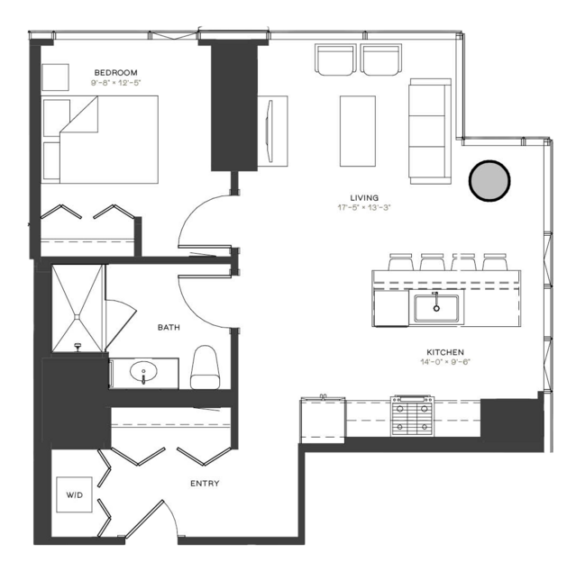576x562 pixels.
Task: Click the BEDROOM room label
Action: (115, 73)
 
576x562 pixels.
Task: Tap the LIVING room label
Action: (364, 198)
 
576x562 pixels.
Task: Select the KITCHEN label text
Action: (445, 352)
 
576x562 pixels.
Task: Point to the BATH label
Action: (169, 328)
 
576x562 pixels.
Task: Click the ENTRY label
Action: (205, 484)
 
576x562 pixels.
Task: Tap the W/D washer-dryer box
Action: (74, 494)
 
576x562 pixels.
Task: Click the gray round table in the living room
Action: (489, 181)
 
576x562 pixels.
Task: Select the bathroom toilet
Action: (205, 367)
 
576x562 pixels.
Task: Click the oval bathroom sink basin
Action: (143, 371)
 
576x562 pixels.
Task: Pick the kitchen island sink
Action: (436, 308)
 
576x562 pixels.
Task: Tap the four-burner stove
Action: (412, 416)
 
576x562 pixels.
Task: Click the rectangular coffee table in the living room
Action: (358, 131)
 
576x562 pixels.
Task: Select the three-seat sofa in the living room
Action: (430, 131)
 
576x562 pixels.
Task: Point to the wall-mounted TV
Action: (270, 131)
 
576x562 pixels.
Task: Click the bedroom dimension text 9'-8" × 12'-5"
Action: (115, 83)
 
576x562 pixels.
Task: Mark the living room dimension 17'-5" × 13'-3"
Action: (364, 208)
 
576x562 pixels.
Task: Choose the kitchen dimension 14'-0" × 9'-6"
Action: (445, 362)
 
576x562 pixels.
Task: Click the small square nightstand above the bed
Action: (56, 77)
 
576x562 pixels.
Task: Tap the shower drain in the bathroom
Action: (78, 316)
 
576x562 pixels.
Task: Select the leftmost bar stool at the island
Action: (401, 262)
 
